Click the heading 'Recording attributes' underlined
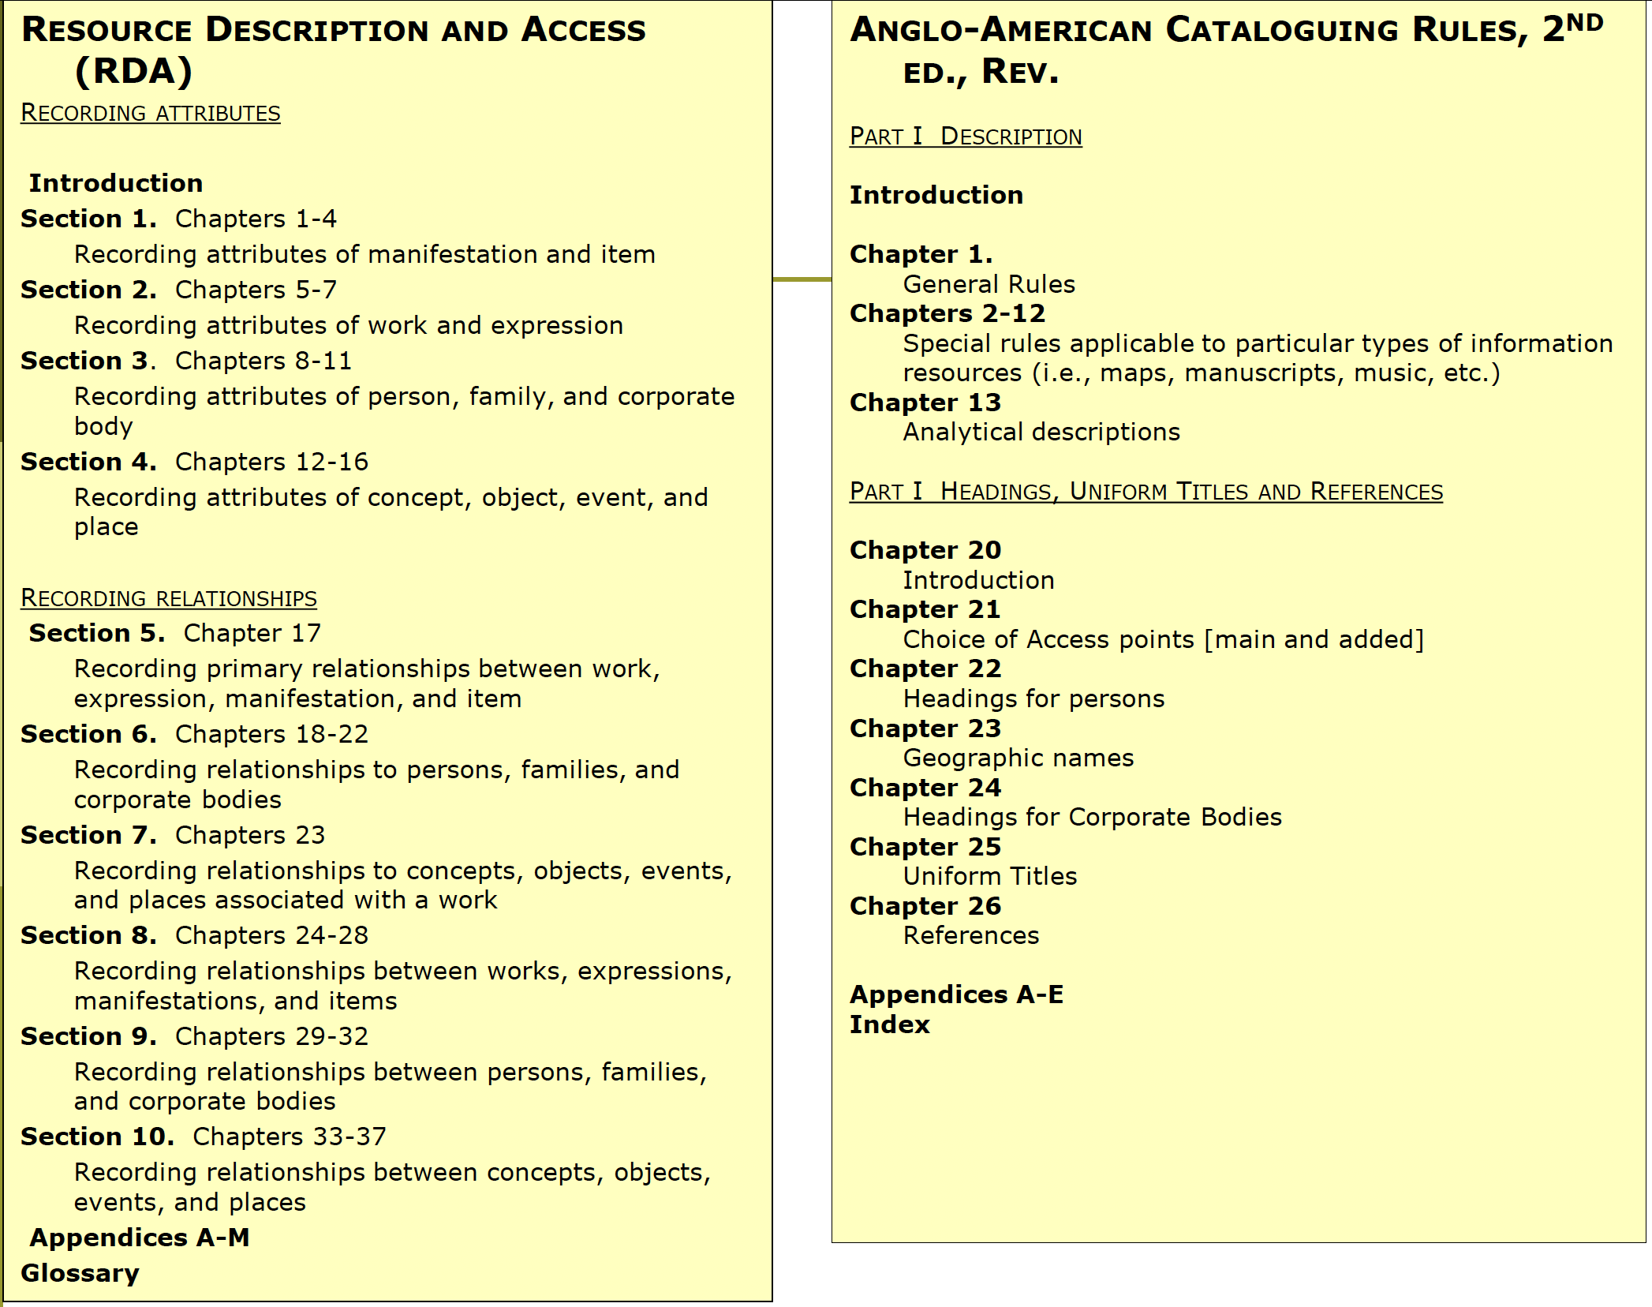(150, 113)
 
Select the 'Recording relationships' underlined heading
(168, 598)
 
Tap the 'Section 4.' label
(88, 462)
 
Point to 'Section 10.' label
(97, 1137)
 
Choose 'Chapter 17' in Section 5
(252, 633)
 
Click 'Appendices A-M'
(140, 1238)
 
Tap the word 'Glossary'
(80, 1273)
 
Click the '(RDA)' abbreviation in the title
(134, 71)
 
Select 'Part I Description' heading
(965, 137)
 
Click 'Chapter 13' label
(925, 403)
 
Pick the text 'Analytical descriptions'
(1041, 432)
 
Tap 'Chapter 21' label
(925, 609)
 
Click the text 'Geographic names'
(1018, 758)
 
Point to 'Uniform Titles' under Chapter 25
(989, 876)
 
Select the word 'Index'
(889, 1024)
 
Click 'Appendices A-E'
(956, 994)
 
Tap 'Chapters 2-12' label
(947, 313)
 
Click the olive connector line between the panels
(802, 279)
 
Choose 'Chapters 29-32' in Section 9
(271, 1036)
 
